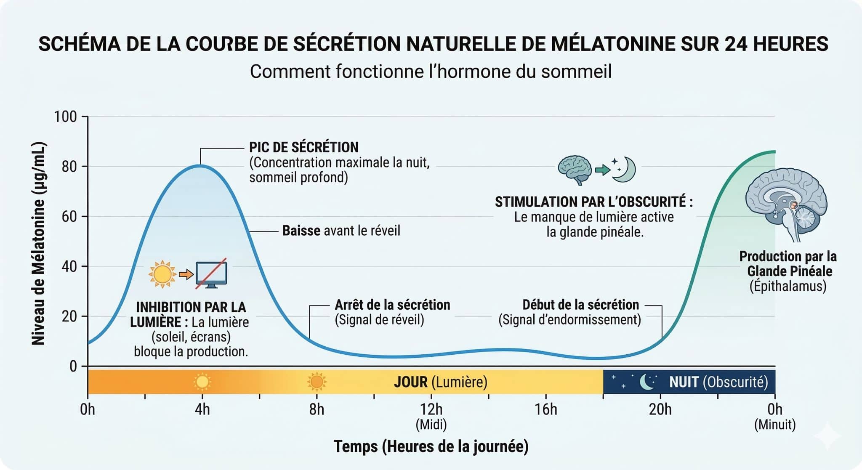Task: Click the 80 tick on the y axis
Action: tap(69, 167)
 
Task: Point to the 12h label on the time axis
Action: tap(431, 409)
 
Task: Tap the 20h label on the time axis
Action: tap(660, 409)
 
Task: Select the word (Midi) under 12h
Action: tap(431, 424)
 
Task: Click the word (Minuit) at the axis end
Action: tap(774, 424)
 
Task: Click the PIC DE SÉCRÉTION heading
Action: tap(303, 147)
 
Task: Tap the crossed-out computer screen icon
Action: tap(211, 274)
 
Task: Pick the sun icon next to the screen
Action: tap(162, 274)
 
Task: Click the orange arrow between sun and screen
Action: tap(186, 274)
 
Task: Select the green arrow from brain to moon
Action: tap(602, 170)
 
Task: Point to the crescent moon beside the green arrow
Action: tap(624, 169)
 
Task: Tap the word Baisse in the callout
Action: tap(301, 231)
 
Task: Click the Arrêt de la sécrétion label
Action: tap(392, 305)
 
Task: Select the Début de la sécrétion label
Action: tap(580, 305)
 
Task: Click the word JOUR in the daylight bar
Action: tap(410, 382)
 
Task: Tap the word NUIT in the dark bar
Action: tap(684, 382)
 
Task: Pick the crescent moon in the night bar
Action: tap(647, 382)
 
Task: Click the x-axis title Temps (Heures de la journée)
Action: tap(431, 446)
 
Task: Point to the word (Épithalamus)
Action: tap(788, 286)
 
